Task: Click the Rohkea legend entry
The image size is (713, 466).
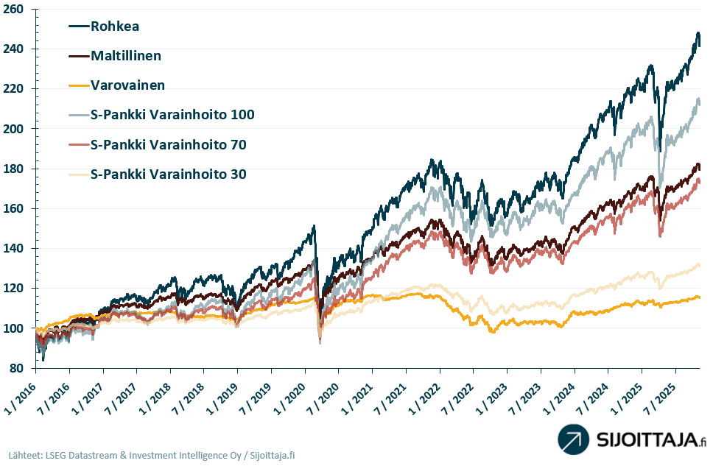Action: [114, 27]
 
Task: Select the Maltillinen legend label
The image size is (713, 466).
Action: [125, 56]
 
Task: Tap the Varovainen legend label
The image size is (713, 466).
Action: [127, 85]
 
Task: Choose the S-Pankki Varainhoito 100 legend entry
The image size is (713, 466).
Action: [172, 114]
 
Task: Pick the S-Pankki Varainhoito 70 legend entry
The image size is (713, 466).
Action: [168, 144]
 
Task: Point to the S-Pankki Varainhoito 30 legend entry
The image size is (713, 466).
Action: [168, 174]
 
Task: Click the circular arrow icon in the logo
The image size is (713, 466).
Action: [573, 439]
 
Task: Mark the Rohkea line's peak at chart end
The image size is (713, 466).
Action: [698, 33]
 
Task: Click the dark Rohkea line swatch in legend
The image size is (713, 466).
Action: [78, 27]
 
